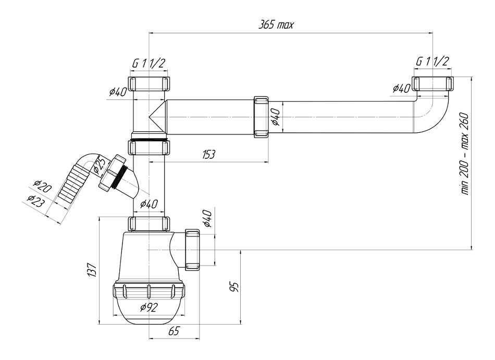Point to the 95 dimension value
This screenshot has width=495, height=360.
click(x=234, y=287)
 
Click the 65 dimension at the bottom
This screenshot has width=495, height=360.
click(x=175, y=331)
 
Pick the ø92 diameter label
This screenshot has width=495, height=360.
click(x=148, y=307)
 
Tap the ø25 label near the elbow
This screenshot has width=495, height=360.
click(x=99, y=166)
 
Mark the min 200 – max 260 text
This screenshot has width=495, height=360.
click(x=465, y=154)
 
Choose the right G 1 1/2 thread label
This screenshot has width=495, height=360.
click(x=432, y=61)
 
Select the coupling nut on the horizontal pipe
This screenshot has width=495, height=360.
click(x=261, y=117)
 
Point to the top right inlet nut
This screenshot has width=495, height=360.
click(x=432, y=84)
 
